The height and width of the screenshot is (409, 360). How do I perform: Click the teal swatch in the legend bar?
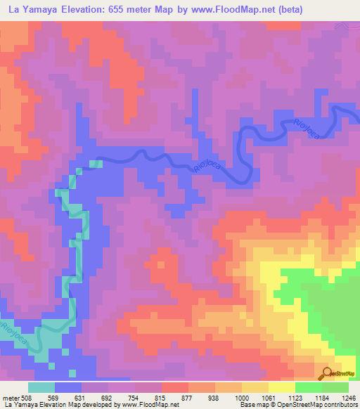click(41, 387)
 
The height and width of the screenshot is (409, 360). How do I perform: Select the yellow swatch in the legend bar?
click(281, 387)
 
